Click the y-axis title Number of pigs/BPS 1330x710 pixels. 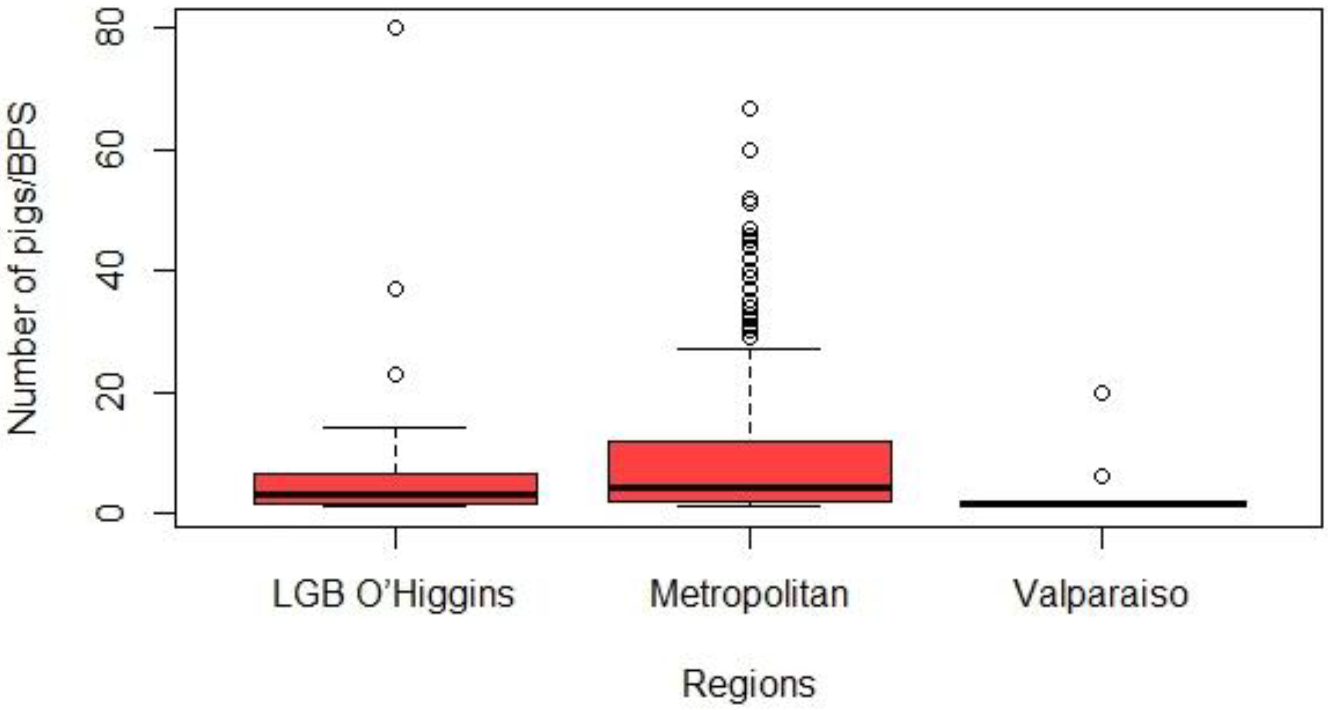pos(23,269)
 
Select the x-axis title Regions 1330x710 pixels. pos(748,684)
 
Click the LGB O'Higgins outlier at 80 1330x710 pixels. pos(395,28)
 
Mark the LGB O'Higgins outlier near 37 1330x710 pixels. pos(395,289)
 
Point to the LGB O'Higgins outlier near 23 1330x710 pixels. pos(395,374)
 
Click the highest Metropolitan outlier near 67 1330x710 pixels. pos(750,108)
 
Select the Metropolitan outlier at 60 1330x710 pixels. pos(750,150)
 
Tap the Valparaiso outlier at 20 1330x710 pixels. pos(1102,393)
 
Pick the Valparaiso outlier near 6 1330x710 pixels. pos(1102,476)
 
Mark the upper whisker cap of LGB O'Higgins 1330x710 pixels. pos(395,427)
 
